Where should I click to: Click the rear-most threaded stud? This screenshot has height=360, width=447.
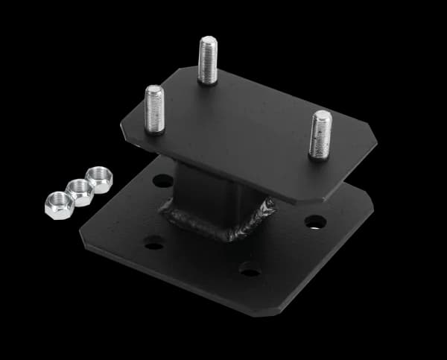point(208,59)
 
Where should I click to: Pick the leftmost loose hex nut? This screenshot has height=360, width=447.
point(59,204)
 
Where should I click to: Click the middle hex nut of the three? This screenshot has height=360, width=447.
point(79,192)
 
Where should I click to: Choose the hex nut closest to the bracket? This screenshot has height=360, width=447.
point(99,180)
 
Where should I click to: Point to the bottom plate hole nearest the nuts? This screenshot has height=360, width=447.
point(162,180)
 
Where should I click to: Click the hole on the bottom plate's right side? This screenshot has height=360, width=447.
point(315,221)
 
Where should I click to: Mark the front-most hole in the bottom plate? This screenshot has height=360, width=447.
point(250,271)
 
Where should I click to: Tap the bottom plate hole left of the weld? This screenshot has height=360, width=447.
point(154,242)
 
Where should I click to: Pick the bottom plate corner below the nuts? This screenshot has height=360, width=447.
point(83,237)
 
